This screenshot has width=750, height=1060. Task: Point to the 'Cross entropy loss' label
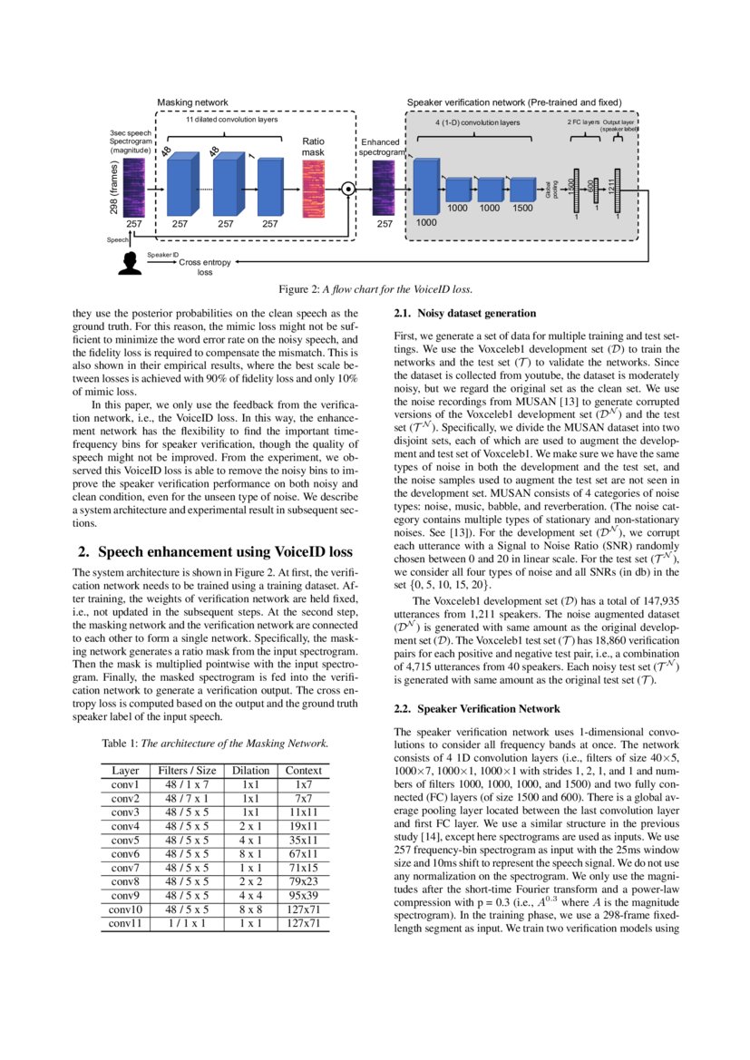[205, 267]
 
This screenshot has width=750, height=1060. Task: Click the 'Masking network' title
[192, 102]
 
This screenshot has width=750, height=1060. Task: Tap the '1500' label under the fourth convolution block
[523, 209]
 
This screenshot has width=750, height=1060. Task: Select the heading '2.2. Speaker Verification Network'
[477, 708]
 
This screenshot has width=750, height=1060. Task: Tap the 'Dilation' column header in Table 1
[250, 771]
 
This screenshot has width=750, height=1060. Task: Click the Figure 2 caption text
[375, 290]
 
